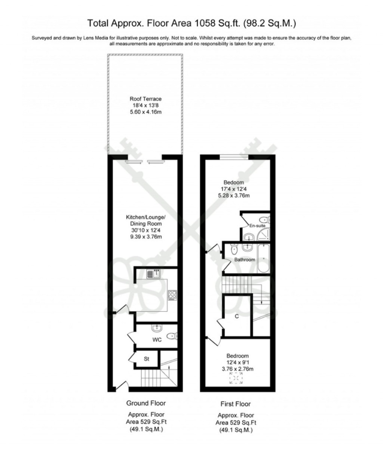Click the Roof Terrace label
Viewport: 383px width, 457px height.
click(145, 99)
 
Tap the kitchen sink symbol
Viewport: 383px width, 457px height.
click(153, 274)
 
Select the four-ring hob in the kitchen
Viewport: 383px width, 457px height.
click(173, 295)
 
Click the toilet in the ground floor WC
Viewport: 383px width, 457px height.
click(172, 336)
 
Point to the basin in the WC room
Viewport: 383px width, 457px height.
click(156, 329)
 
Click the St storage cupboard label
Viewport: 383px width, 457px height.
click(147, 359)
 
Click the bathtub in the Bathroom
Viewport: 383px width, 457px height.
click(263, 258)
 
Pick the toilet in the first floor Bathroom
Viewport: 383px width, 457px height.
click(235, 249)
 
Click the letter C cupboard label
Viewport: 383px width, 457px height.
click(237, 317)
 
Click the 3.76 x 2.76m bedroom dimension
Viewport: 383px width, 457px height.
click(238, 369)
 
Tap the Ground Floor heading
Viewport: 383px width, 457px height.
click(145, 403)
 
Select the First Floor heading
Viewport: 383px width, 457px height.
click(235, 404)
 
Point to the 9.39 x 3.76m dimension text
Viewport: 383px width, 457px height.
click(145, 237)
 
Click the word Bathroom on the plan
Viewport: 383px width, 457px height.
click(245, 259)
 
